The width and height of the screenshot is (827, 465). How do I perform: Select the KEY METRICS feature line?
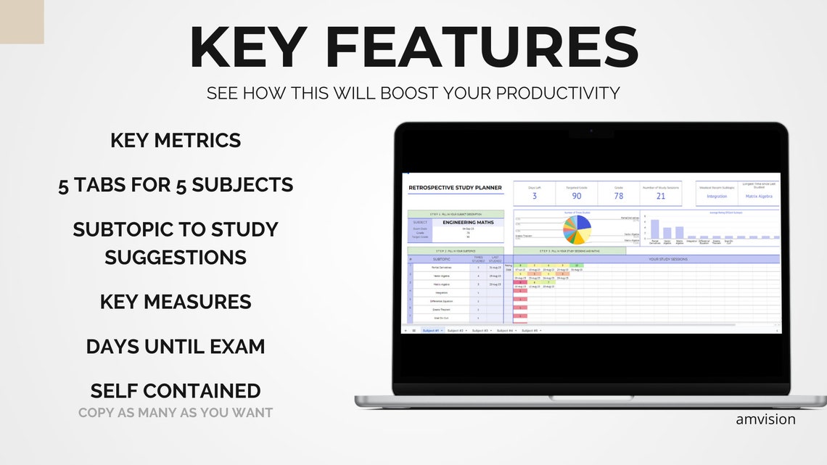click(x=176, y=141)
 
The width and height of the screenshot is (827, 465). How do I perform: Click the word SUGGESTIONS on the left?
click(x=176, y=257)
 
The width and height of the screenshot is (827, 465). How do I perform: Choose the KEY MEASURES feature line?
click(x=176, y=302)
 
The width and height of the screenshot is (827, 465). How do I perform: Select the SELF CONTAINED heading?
click(x=176, y=391)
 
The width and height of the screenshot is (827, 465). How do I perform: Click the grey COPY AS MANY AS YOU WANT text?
click(x=176, y=413)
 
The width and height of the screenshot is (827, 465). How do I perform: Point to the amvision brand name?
click(x=765, y=419)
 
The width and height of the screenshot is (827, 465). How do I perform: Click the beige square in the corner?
click(x=22, y=22)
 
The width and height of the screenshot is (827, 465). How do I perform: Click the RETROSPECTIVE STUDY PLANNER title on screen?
click(x=455, y=188)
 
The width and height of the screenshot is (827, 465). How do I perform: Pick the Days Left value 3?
click(x=535, y=196)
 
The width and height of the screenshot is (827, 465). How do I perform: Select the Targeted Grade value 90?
click(x=577, y=196)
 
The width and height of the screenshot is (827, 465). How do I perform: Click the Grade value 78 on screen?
click(x=619, y=196)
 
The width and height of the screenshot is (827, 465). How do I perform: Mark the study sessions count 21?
click(x=661, y=196)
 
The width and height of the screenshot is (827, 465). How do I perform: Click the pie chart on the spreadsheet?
click(x=578, y=229)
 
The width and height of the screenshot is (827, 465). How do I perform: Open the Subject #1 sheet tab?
click(x=431, y=330)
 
